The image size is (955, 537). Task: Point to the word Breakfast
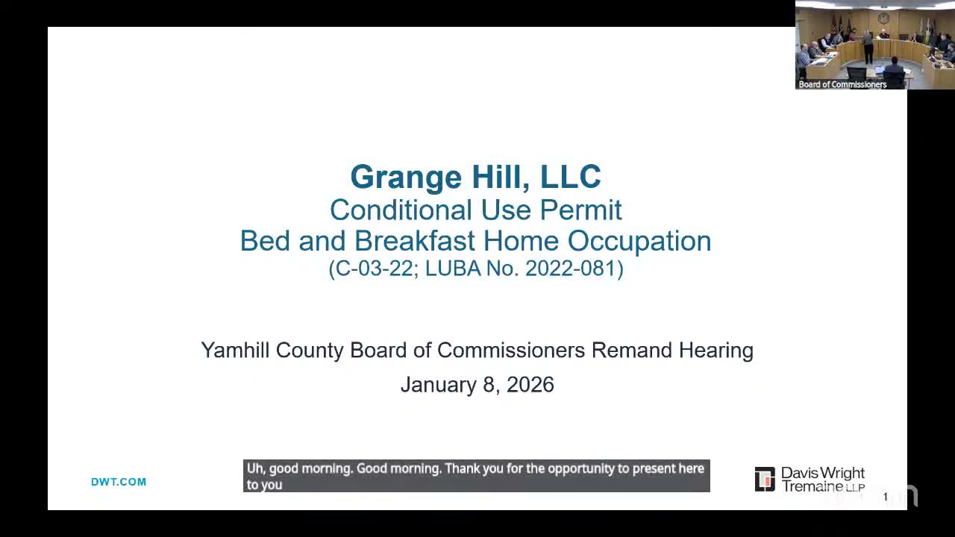click(415, 242)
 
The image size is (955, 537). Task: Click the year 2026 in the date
click(530, 385)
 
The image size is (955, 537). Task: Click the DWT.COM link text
click(119, 482)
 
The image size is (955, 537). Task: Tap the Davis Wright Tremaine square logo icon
click(765, 480)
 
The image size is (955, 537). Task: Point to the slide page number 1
click(886, 497)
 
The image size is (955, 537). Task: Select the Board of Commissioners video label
click(842, 84)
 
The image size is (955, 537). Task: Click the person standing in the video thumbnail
click(868, 46)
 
